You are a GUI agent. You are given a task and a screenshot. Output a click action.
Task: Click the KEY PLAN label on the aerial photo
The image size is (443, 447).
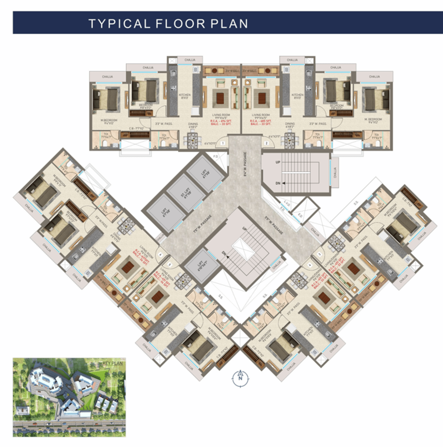click(x=113, y=363)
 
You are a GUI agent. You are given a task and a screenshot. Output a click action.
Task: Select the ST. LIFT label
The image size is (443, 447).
click(x=186, y=194)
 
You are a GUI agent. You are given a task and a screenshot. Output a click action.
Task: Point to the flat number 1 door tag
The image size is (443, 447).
click(x=222, y=143)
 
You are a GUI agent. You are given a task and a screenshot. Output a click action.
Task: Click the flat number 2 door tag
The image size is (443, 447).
click(x=266, y=143)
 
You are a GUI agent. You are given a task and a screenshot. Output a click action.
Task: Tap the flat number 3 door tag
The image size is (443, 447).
click(x=319, y=254)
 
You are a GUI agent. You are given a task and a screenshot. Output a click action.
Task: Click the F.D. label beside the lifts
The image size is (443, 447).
click(x=216, y=157)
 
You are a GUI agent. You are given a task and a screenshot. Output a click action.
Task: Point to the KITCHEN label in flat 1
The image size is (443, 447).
click(x=185, y=96)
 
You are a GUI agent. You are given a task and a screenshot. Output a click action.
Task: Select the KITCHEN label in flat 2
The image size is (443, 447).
click(x=297, y=96)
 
